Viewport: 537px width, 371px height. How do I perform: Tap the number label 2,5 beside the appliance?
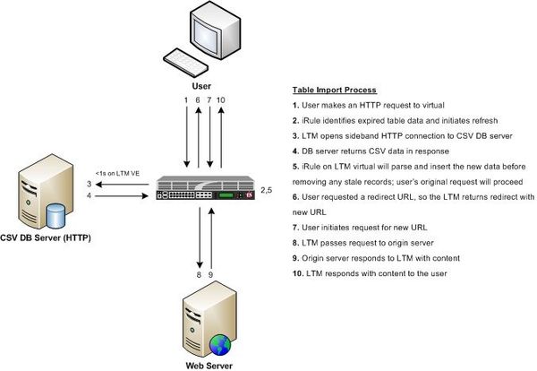[x=266, y=191]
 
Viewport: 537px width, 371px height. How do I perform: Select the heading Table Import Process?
[x=335, y=91]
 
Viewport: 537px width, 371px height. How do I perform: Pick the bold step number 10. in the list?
[x=298, y=272]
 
